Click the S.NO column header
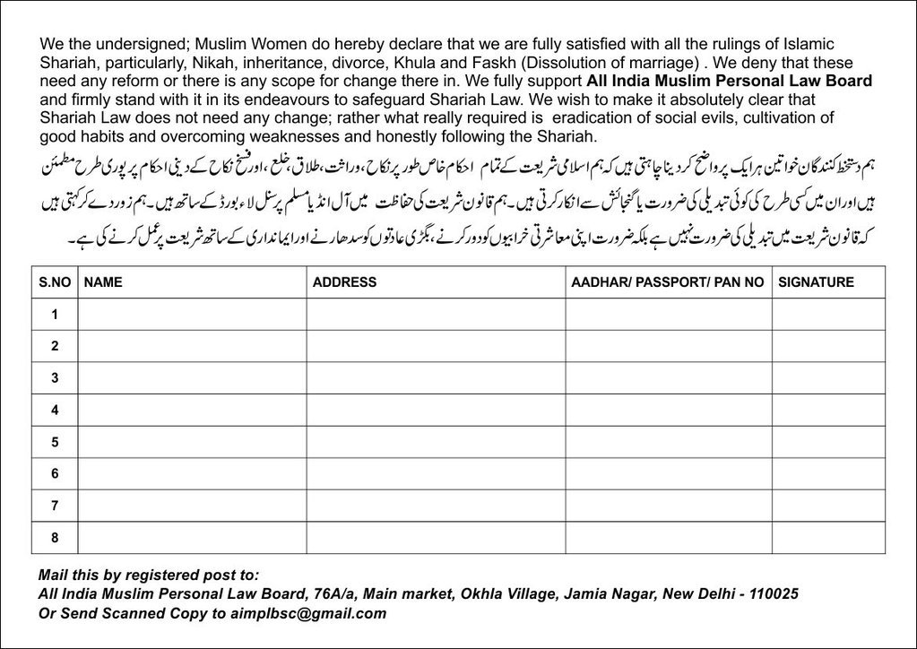[x=54, y=282]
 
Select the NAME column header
[x=103, y=282]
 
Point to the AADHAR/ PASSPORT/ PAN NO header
[x=668, y=282]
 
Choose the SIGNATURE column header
[x=816, y=282]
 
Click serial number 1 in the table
[x=55, y=315]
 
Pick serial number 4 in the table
[x=55, y=410]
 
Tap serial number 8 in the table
[x=55, y=537]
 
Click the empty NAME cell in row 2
[x=192, y=346]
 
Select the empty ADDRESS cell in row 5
[x=436, y=442]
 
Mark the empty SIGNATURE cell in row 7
[x=828, y=506]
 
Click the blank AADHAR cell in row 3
[x=668, y=378]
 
